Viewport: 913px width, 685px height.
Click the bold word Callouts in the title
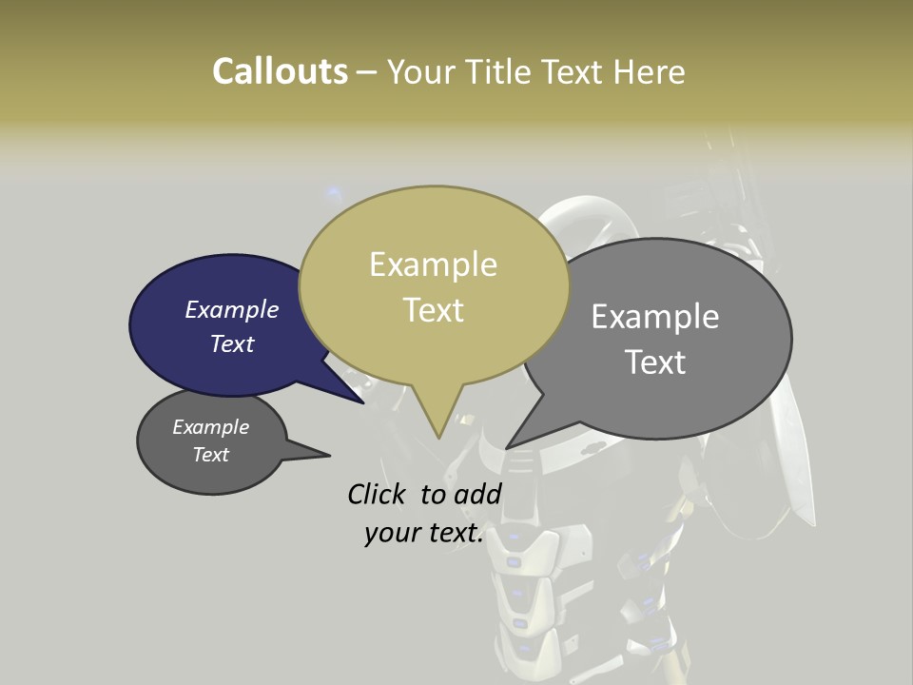(x=280, y=71)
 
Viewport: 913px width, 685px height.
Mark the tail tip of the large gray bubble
(x=508, y=447)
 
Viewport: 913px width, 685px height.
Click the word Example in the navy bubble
(x=232, y=309)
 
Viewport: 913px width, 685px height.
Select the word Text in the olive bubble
(x=434, y=310)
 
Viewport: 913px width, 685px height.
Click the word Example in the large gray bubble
(x=655, y=316)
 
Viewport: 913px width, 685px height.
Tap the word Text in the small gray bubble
(x=211, y=455)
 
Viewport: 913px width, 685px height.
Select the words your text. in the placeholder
(x=424, y=533)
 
